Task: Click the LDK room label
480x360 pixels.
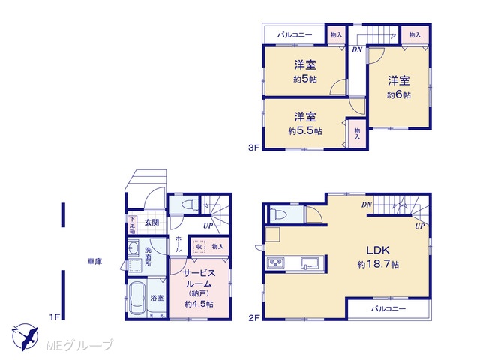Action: pos(378,250)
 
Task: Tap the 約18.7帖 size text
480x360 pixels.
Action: pos(378,264)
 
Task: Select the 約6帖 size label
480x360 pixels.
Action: pos(399,95)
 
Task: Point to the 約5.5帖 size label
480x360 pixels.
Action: pos(305,131)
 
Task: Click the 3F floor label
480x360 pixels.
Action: pos(253,148)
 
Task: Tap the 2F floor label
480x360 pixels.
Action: pos(254,318)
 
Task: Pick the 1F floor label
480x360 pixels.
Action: pos(55,317)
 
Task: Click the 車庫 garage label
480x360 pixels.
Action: pos(95,262)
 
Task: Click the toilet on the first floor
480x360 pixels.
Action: pos(189,204)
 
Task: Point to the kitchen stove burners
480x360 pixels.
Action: pos(276,262)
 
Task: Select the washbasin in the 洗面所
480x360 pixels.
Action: pos(133,247)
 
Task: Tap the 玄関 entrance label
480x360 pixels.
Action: pos(151,223)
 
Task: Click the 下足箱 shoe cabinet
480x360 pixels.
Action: pos(132,226)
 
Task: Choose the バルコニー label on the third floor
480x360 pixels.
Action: pos(295,35)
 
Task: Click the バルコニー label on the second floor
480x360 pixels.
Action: pos(388,308)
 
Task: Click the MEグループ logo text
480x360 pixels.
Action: pos(79,345)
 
